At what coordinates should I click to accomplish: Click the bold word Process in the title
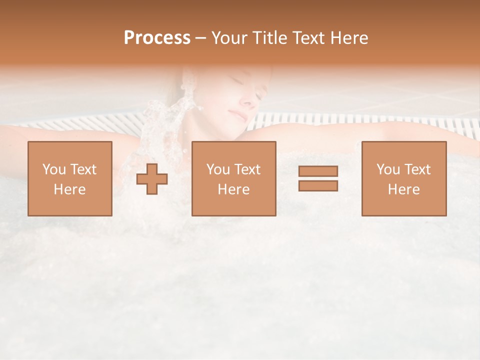click(157, 38)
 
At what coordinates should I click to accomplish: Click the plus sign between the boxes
click(152, 179)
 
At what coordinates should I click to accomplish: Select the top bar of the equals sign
click(318, 171)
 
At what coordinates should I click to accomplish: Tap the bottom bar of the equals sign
click(318, 186)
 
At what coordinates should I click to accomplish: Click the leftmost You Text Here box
click(70, 178)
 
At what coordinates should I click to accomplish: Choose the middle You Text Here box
click(233, 178)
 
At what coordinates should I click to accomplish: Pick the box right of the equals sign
click(404, 178)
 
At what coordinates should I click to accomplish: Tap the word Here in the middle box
click(233, 189)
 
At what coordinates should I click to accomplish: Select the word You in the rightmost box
click(388, 169)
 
